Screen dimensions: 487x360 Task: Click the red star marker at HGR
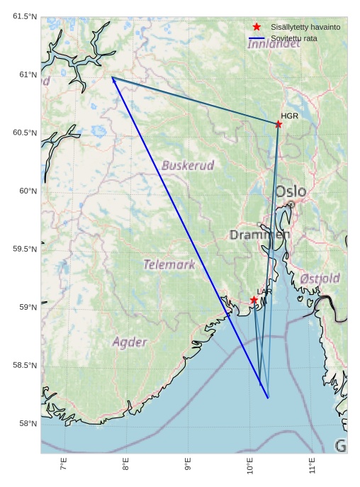278,124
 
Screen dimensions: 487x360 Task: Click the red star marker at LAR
254,300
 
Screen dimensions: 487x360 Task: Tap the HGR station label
289,116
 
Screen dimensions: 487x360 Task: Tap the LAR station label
264,291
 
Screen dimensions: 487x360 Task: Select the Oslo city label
291,191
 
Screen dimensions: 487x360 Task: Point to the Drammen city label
259,235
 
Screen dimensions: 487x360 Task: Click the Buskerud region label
188,165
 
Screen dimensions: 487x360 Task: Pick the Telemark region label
169,264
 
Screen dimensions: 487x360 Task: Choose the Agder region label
130,342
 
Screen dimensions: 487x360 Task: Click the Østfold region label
320,279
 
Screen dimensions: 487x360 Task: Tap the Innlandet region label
274,44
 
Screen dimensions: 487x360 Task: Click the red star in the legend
257,26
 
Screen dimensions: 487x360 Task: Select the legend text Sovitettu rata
294,38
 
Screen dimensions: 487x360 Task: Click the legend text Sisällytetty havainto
305,27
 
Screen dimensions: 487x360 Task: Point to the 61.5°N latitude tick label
25,16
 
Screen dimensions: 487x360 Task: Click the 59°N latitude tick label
28,307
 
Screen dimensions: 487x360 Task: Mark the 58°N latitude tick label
28,423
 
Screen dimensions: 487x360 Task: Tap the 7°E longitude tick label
64,465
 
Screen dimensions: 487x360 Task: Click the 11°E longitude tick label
313,466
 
